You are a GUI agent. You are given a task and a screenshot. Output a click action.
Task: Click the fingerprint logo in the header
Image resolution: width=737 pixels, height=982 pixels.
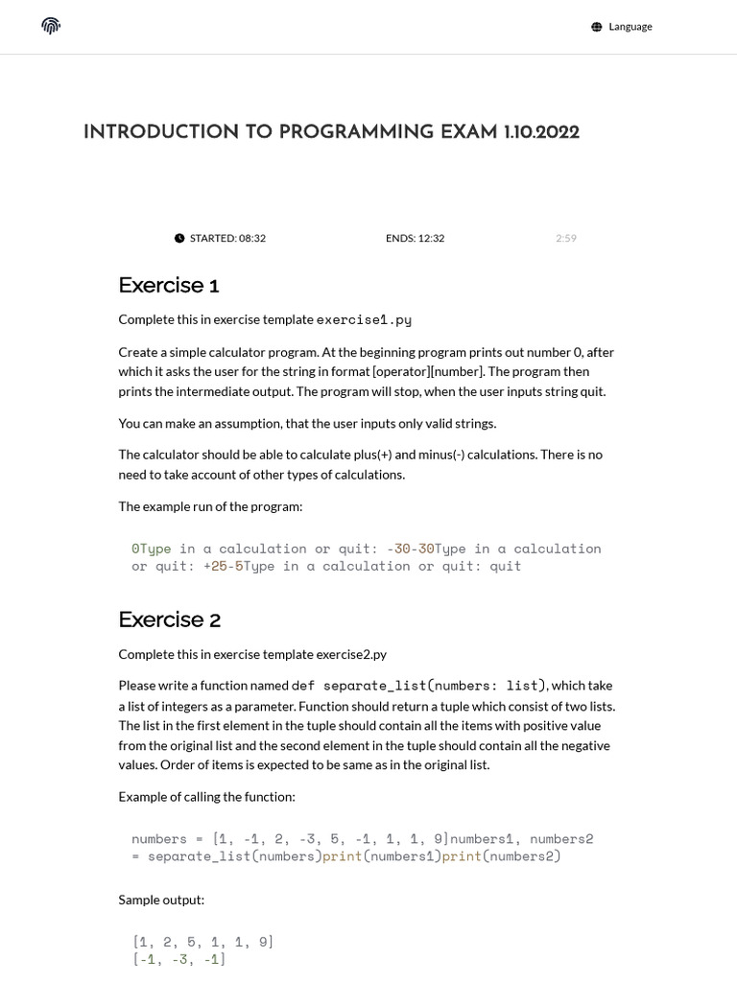(52, 26)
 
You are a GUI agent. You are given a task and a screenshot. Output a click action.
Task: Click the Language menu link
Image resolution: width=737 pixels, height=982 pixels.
(630, 27)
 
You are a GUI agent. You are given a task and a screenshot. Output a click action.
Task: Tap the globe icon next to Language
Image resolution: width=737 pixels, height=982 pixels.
(597, 27)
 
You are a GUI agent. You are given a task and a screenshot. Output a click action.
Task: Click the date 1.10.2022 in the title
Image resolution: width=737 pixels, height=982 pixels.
(540, 132)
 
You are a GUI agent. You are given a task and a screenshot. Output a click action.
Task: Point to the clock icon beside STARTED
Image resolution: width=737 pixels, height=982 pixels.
(179, 238)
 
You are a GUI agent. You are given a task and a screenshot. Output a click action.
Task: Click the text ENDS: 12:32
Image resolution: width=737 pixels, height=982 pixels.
(415, 238)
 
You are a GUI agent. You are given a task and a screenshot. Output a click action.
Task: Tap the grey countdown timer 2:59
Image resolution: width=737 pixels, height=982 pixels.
(566, 238)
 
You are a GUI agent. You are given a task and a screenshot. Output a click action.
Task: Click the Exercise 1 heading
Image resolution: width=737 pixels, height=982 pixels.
(169, 285)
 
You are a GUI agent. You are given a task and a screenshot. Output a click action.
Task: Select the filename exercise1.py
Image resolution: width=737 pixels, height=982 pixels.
(364, 319)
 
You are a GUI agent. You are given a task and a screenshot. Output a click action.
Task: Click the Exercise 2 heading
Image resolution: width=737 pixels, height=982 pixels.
(170, 620)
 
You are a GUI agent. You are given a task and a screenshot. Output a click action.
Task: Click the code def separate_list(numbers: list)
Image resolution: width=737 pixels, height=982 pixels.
(418, 686)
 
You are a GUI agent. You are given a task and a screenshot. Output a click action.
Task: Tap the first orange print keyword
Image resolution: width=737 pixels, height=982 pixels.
(342, 856)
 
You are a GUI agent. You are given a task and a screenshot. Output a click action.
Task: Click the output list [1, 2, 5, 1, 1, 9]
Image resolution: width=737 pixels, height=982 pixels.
(203, 942)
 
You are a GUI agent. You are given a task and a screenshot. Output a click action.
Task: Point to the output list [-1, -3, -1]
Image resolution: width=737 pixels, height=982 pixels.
(179, 959)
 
